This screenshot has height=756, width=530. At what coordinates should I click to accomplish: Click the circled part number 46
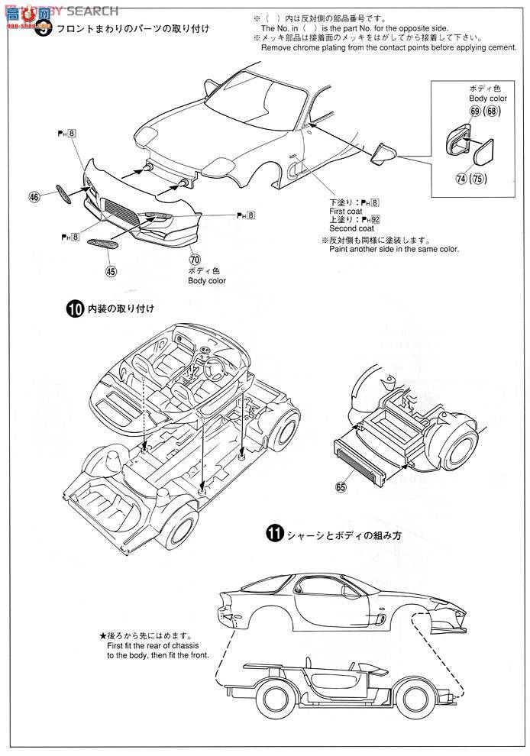[x=34, y=197]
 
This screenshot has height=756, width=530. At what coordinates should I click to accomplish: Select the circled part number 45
[x=111, y=270]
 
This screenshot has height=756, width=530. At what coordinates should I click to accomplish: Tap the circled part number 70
[x=195, y=258]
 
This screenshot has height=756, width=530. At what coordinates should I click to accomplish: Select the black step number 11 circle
[x=274, y=535]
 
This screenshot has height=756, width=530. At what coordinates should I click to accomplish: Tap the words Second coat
[x=351, y=228]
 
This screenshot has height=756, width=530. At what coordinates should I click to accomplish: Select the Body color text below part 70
[x=207, y=280]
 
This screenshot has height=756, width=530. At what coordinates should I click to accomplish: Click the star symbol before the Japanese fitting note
[x=102, y=634]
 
